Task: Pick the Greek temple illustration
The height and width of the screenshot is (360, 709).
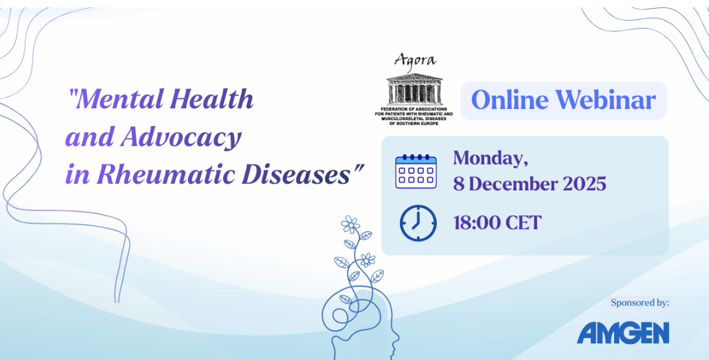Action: [x=414, y=89]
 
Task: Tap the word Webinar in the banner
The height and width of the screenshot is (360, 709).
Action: [x=606, y=100]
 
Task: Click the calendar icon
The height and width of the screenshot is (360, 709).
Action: [x=416, y=171]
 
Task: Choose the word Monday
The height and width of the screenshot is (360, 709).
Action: [x=491, y=159]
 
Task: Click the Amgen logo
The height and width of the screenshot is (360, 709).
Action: [x=623, y=333]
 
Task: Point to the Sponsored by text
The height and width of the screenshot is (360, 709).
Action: [x=640, y=302]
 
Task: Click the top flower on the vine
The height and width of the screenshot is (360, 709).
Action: [x=350, y=224]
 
